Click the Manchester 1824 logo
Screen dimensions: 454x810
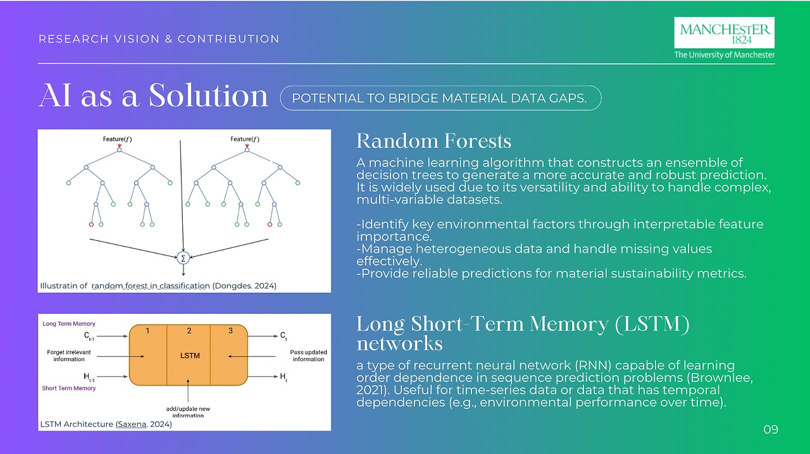(x=725, y=32)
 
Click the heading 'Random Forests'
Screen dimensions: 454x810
(x=433, y=140)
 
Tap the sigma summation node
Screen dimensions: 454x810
(x=184, y=257)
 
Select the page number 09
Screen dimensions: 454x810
(x=770, y=430)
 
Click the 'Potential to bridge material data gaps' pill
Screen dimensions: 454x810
(x=440, y=98)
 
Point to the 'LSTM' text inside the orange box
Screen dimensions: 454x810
(x=190, y=355)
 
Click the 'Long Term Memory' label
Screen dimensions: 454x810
(x=69, y=324)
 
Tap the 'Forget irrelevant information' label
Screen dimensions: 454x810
(x=69, y=355)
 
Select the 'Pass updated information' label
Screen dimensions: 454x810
(x=308, y=355)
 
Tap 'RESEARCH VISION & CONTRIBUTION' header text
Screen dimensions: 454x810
(x=159, y=39)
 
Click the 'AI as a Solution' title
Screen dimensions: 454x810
(x=154, y=96)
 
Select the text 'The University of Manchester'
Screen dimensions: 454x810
(x=724, y=55)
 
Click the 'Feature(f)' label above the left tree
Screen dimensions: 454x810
(x=118, y=139)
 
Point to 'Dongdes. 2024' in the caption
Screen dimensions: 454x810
(x=244, y=286)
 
